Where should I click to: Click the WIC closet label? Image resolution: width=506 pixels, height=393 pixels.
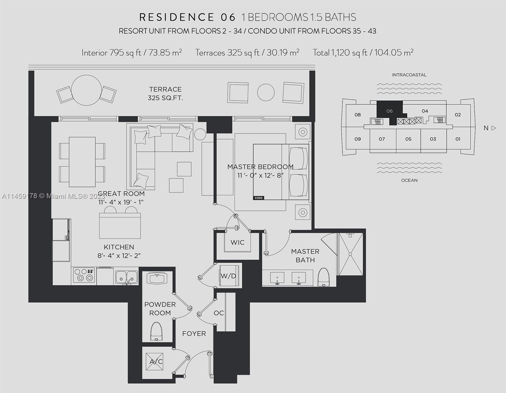[x=237, y=242]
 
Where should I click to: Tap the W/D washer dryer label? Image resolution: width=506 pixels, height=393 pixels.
[x=228, y=276]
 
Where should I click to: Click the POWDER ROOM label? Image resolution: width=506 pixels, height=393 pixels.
[x=160, y=309]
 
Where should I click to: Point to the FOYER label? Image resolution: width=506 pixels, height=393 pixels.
[x=194, y=333]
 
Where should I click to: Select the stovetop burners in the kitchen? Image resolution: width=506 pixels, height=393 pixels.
[x=84, y=275]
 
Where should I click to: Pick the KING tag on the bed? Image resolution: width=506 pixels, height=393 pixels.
[x=258, y=197]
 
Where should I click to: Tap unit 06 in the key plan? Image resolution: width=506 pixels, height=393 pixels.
[x=389, y=111]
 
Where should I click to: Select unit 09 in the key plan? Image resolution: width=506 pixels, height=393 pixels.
[x=358, y=139]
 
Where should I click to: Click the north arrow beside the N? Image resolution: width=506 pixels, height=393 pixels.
[x=494, y=128]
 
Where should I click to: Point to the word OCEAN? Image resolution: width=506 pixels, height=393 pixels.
[x=409, y=180]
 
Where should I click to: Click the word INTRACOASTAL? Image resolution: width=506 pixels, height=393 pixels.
[x=409, y=75]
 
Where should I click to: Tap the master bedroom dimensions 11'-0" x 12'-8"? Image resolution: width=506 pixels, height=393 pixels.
[x=260, y=175]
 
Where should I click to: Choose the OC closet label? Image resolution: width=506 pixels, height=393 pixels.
[x=218, y=313]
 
